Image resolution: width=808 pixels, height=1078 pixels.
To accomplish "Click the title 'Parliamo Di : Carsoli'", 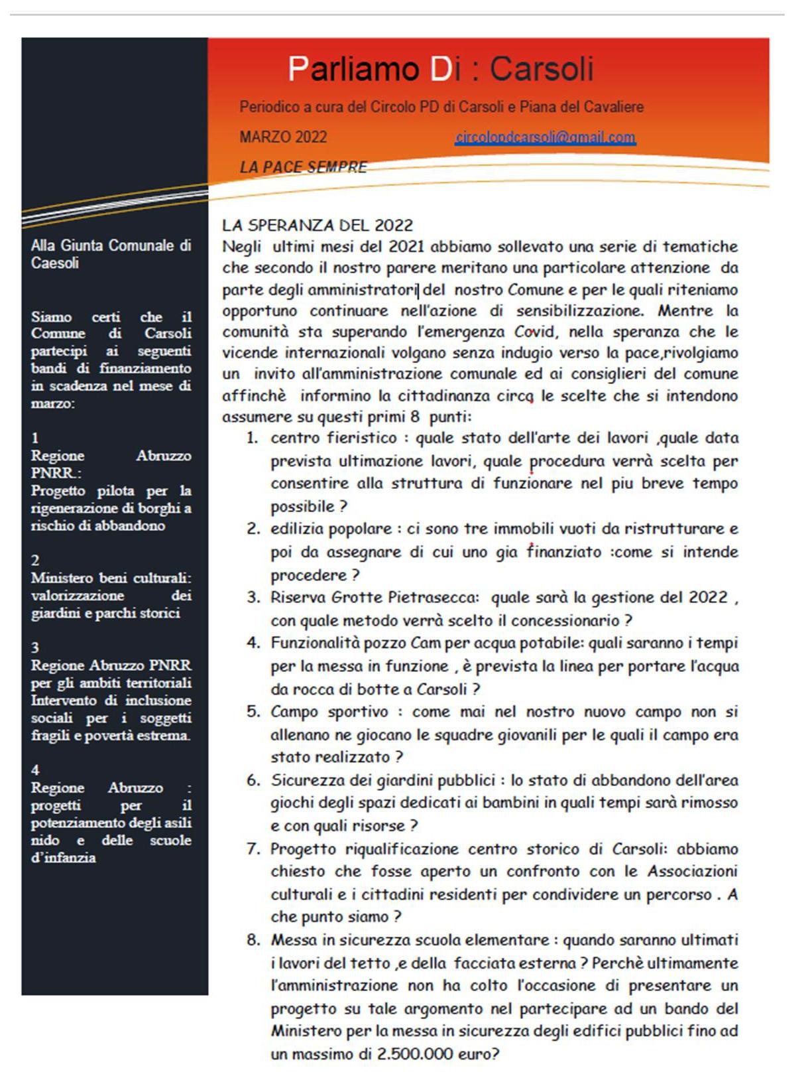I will point(440,69).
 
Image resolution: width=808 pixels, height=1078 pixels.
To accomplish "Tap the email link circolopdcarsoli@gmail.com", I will point(545,137).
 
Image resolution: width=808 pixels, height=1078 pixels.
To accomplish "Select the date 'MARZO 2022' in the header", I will point(283,137).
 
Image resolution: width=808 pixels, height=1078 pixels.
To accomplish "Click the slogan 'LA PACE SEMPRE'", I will point(303,167).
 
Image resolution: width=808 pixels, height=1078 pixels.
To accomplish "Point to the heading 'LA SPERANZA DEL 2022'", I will point(317,226).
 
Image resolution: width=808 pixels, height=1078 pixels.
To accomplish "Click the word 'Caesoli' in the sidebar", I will point(55,263).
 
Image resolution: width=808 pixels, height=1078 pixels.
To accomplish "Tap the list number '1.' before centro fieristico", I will point(252,438).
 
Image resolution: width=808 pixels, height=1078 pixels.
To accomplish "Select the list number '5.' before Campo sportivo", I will point(253,712).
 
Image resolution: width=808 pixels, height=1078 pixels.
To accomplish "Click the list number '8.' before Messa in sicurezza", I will point(253,940).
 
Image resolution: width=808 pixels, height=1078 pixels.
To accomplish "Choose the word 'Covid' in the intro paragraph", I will point(534,332).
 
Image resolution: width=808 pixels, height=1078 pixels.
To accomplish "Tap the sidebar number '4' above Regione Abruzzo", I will point(35,770).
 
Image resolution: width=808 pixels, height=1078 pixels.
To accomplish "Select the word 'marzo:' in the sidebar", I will point(53,403).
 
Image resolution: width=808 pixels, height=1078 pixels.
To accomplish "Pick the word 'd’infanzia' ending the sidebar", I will point(63,858).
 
